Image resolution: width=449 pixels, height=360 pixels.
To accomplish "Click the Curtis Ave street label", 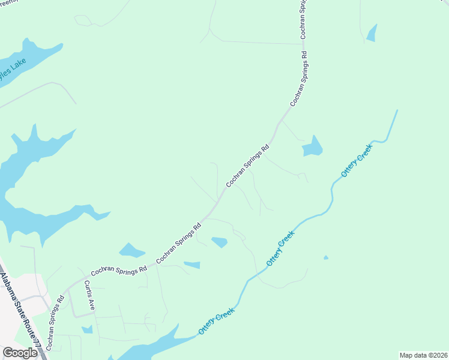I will tap(89, 295).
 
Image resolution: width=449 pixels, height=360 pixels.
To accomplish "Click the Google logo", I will tap(20, 353).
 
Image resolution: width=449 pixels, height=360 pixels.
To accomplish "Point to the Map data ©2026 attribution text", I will tap(423, 355).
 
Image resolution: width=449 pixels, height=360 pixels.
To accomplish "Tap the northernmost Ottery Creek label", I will tap(357, 160).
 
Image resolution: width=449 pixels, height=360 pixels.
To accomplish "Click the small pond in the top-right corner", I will tap(372, 34).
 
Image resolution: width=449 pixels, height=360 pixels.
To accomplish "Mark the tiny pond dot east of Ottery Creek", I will tap(326, 258).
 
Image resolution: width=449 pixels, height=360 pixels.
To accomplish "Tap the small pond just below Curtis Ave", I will tap(88, 329).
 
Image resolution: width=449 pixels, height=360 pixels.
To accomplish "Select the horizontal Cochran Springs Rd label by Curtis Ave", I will tap(119, 271).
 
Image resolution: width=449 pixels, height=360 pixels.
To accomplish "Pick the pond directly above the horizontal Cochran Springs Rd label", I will tap(131, 250).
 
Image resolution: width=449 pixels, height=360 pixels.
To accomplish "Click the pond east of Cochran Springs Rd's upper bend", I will tap(312, 147).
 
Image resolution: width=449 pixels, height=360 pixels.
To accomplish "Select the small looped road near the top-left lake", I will tap(84, 21).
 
